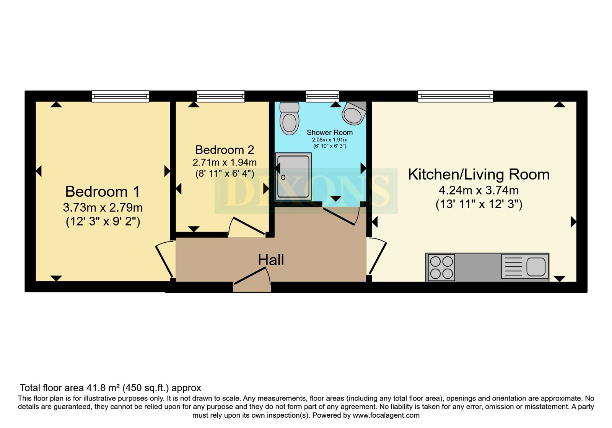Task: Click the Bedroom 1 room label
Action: [x=103, y=191]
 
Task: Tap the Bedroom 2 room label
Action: [x=225, y=150]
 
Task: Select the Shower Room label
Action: [x=330, y=133]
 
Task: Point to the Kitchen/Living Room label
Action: [x=479, y=174]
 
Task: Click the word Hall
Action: [x=271, y=260]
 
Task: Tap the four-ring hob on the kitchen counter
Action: [x=441, y=267]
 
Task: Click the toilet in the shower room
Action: [x=289, y=118]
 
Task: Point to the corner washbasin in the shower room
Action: [x=354, y=113]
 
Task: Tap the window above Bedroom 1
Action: [x=120, y=96]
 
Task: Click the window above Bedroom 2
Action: [x=221, y=96]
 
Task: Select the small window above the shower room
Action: [x=322, y=96]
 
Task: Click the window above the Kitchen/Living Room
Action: [x=456, y=96]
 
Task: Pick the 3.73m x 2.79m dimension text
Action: [x=103, y=208]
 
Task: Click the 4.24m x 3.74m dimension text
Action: [x=479, y=190]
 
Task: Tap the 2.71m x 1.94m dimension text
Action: [x=225, y=163]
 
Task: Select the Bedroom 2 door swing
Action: [x=246, y=226]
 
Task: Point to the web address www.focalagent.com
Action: [x=386, y=415]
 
